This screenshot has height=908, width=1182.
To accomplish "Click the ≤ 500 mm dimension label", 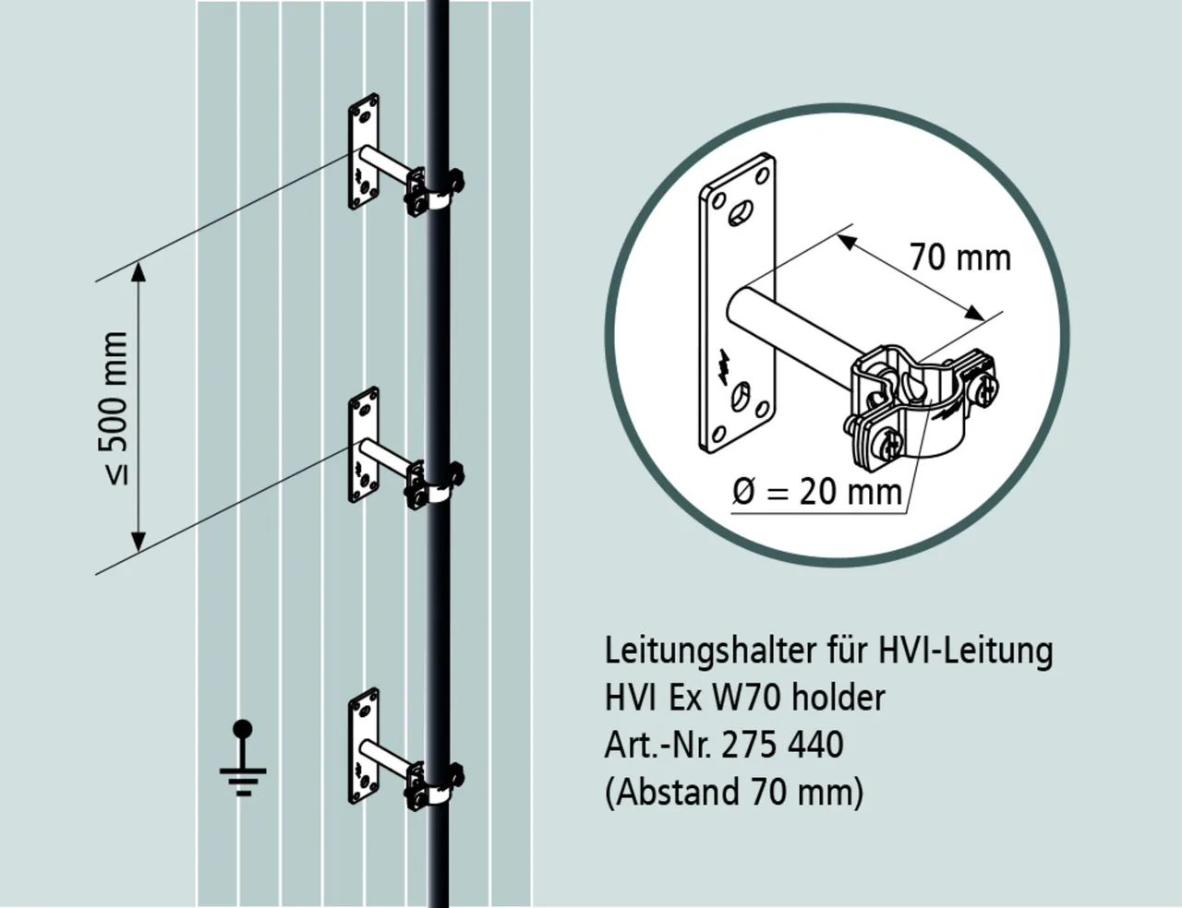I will [115, 407].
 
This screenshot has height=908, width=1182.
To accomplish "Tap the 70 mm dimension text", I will [959, 257].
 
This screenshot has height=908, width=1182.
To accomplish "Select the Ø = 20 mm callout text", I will [816, 492].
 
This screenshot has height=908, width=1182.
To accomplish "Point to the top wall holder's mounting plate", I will [364, 151].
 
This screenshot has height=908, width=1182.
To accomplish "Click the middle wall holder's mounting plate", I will [363, 446].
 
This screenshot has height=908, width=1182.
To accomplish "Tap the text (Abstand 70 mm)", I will [734, 792].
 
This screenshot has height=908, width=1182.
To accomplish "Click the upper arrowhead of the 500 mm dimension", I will [139, 269].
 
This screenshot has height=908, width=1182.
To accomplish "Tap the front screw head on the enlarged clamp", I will [891, 448].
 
